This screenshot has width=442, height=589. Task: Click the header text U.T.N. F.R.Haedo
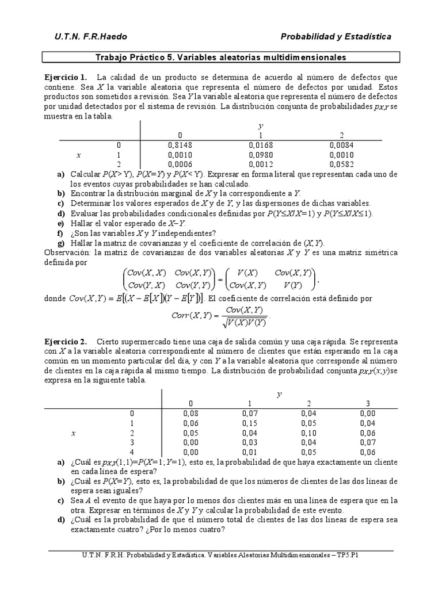(90, 37)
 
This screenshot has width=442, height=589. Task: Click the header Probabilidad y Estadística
(336, 37)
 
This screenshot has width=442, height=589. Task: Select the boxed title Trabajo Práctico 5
(220, 58)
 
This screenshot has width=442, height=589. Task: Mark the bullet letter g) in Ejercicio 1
(61, 243)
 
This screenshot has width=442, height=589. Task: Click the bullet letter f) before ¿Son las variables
(60, 233)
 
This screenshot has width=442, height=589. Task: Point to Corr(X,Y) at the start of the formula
(191, 315)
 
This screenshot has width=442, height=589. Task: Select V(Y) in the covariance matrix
(291, 285)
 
